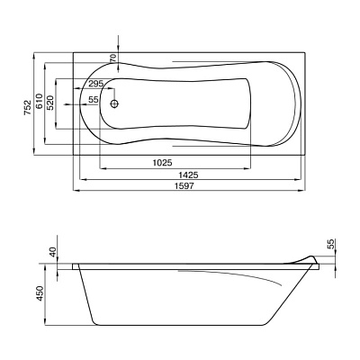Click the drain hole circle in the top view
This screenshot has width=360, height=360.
click(114, 103)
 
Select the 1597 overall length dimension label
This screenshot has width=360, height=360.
click(184, 185)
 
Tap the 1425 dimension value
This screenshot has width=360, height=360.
click(188, 175)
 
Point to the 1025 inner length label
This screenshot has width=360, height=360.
click(162, 163)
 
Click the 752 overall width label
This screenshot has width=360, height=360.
click(28, 107)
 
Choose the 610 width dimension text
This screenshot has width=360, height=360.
click(40, 102)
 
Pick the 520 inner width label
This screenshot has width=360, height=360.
click(50, 103)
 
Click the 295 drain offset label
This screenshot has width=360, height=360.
click(95, 84)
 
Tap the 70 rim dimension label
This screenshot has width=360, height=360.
click(112, 58)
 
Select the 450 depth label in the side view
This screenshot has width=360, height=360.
click(40, 293)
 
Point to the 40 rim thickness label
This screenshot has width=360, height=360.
click(53, 252)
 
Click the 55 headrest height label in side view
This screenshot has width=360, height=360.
click(331, 245)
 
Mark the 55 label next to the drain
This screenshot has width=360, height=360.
click(94, 100)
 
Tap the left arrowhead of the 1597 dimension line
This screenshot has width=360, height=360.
click(76, 190)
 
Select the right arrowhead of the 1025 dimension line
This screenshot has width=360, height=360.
click(247, 168)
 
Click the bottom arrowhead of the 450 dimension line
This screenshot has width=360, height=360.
click(44, 323)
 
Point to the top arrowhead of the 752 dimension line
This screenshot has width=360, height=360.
click(34, 56)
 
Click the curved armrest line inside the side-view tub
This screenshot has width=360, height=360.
click(230, 275)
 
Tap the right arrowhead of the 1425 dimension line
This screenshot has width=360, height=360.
click(298, 179)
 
